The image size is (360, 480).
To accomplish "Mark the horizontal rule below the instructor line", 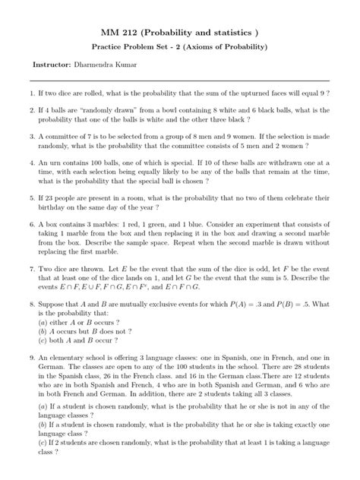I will coord(180,80).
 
